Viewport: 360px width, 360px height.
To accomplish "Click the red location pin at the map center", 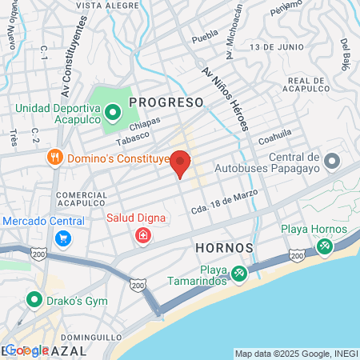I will pos(180,162).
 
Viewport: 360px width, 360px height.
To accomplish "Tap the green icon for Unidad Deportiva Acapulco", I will pos(112,111).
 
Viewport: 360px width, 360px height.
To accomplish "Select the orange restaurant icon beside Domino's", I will pos(55,157).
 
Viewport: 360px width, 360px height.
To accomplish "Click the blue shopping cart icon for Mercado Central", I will pos(62,238).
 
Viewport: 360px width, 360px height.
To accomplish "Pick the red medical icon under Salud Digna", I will pos(142,235).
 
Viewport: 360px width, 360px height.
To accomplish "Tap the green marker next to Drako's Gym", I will pos(34,300).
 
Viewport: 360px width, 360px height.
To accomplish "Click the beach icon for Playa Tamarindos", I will pos(238,274).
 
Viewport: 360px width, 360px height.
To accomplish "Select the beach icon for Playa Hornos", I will pos(324,246).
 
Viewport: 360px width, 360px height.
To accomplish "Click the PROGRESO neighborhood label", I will pos(167,102).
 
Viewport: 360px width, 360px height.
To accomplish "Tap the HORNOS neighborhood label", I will pos(224,248).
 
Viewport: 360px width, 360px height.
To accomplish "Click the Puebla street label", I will pos(206,36).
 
